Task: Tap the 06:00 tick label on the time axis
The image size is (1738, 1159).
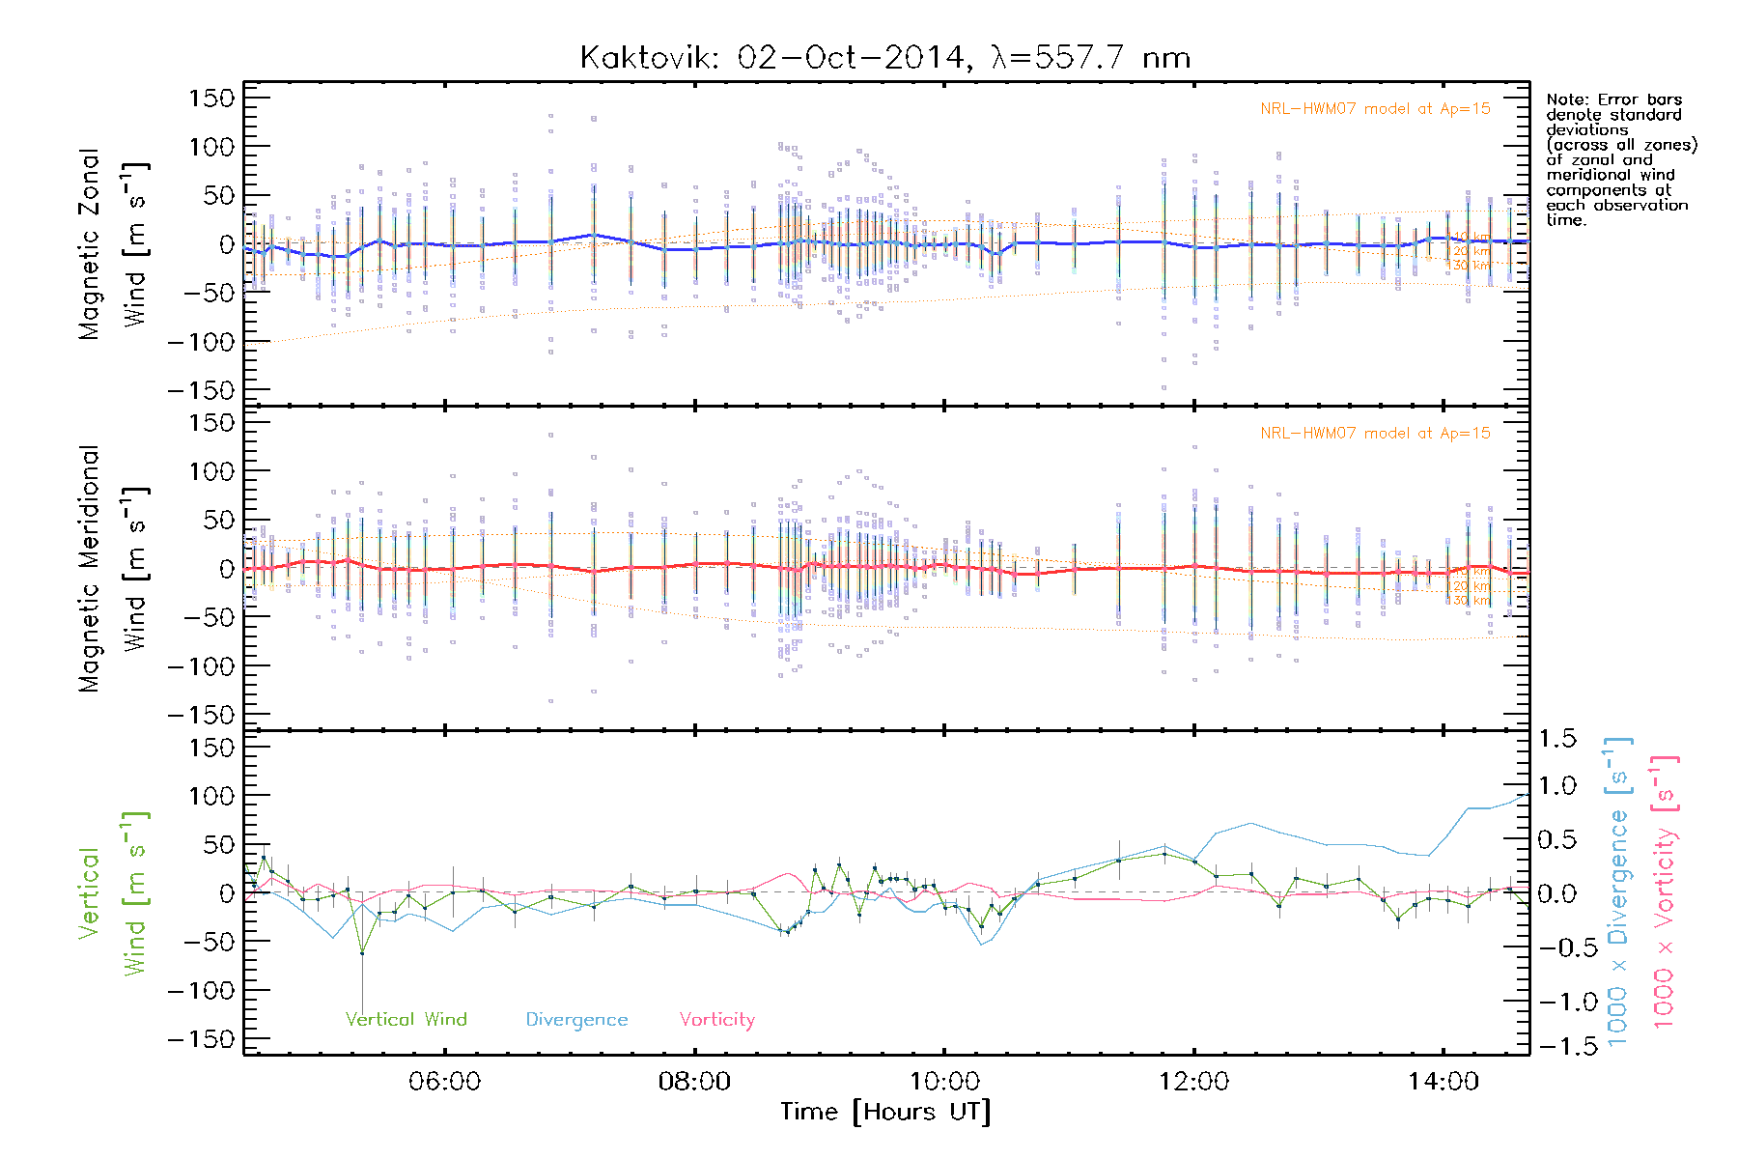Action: [444, 1082]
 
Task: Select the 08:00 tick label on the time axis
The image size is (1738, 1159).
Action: [694, 1082]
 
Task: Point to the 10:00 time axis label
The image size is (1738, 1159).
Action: [943, 1082]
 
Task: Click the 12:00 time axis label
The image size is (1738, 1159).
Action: [1193, 1082]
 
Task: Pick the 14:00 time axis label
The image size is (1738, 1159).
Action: [1443, 1082]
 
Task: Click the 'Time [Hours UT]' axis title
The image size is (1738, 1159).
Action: [885, 1112]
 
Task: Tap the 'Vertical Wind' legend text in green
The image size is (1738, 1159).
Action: [406, 1020]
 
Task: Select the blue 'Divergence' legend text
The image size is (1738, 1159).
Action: [576, 1020]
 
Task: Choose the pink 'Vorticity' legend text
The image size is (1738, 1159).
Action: [716, 1020]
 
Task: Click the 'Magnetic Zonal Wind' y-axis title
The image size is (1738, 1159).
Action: [114, 243]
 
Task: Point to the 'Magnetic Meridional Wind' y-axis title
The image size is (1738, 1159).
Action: [114, 568]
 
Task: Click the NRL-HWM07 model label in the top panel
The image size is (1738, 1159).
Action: [1375, 109]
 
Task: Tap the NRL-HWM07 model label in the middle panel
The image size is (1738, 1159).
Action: [1375, 434]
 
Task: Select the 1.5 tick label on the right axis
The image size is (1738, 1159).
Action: [1556, 739]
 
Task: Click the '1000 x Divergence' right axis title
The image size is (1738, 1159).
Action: [1618, 891]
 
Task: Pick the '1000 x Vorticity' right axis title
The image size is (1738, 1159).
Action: [1665, 891]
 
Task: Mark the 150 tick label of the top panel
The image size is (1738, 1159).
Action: [211, 98]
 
